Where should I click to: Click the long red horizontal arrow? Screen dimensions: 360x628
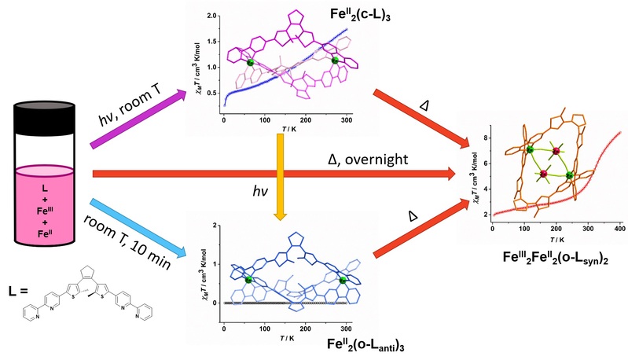click(275, 173)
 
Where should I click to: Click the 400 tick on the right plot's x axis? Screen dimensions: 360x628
click(618, 226)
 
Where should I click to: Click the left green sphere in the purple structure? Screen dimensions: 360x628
click(251, 61)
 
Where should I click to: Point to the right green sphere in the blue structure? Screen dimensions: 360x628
click(343, 279)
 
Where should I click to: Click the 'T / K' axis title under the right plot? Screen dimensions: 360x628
click(556, 238)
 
